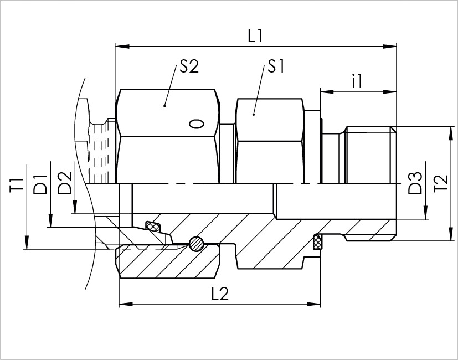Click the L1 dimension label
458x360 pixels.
(255, 37)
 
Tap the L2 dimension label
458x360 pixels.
(220, 294)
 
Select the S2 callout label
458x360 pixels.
(189, 67)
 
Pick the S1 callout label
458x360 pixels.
(275, 67)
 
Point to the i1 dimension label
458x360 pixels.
(357, 82)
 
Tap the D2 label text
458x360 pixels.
(65, 183)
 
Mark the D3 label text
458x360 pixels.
(415, 183)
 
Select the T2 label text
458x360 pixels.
(440, 183)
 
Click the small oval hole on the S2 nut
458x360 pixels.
(197, 124)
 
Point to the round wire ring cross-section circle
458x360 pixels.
(196, 244)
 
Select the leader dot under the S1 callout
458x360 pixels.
(253, 114)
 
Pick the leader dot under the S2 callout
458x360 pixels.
(164, 105)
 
